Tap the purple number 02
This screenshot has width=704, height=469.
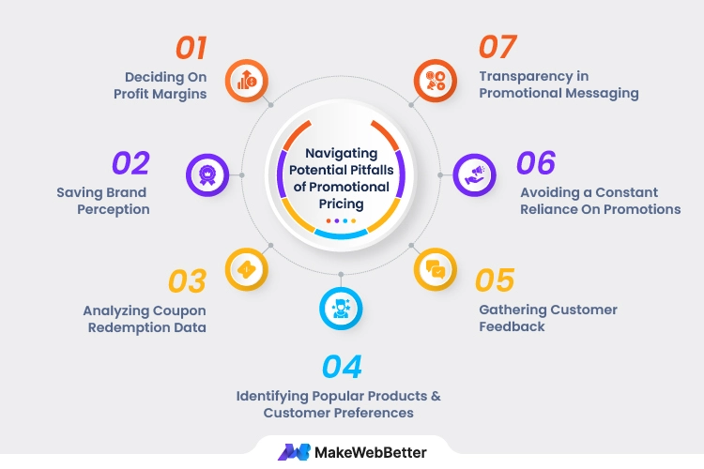(130, 163)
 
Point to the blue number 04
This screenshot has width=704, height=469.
(341, 366)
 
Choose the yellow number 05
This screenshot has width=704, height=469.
(495, 280)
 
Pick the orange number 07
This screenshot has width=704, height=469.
(499, 47)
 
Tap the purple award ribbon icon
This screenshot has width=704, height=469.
(207, 174)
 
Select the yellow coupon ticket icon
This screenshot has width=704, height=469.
(246, 268)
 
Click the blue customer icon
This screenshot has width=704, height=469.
(339, 307)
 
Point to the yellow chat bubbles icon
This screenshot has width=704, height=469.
(435, 269)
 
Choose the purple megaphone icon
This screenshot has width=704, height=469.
(474, 174)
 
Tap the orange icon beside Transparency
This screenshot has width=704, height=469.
(434, 81)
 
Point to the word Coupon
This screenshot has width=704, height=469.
(181, 310)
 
